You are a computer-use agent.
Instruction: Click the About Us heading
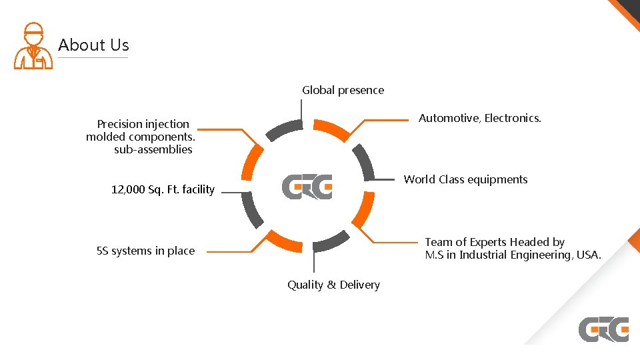pos(93,45)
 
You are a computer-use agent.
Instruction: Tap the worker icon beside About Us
pos(33,47)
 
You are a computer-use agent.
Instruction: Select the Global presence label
pos(343,90)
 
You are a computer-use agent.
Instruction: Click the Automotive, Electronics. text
pos(479,118)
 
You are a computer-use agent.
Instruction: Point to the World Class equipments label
pos(465,179)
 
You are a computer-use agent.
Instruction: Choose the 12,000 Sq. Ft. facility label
pos(163,189)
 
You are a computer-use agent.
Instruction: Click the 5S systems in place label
pos(145,251)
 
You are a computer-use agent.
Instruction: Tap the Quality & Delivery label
pos(333,285)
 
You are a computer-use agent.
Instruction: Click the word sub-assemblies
pos(153,149)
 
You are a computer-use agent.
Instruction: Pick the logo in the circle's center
pos(307,187)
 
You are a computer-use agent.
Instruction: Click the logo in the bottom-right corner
pos(603,329)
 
